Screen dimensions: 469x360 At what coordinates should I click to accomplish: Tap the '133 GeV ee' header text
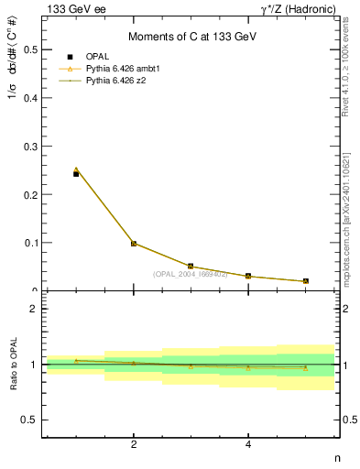[73, 8]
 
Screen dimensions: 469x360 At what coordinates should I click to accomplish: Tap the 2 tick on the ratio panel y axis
[36, 309]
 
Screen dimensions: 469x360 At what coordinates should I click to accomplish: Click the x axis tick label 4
[248, 445]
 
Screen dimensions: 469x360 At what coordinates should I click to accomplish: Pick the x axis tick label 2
[134, 445]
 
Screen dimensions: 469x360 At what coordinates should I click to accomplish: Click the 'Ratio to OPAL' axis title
[14, 365]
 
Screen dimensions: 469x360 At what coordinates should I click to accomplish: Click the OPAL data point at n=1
[76, 173]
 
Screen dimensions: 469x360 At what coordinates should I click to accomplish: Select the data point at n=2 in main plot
[134, 244]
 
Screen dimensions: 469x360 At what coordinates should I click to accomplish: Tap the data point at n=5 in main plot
[305, 281]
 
